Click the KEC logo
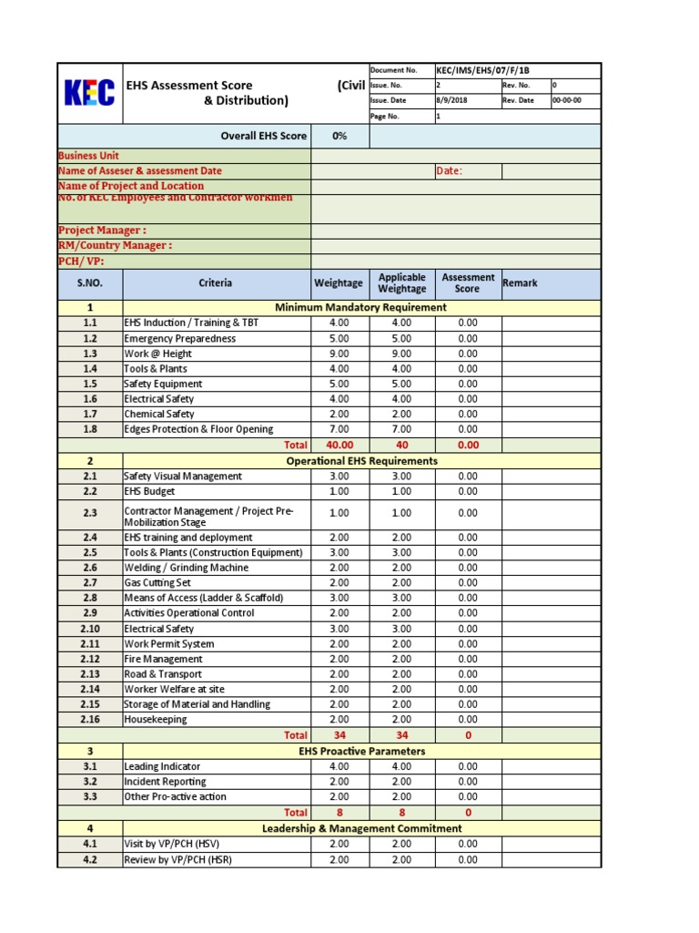tap(89, 93)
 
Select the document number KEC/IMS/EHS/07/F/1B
tap(481, 70)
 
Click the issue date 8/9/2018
tap(451, 100)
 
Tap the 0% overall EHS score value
tap(339, 136)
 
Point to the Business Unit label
tap(88, 156)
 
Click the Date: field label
tap(450, 171)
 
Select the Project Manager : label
tap(102, 231)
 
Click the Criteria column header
tap(215, 283)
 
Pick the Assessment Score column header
tap(467, 283)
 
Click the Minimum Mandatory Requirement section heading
tap(360, 308)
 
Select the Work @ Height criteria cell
tap(158, 354)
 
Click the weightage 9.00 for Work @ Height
tap(339, 354)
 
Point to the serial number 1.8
tap(89, 429)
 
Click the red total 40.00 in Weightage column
tap(339, 445)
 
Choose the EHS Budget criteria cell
tap(149, 492)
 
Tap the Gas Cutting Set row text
tap(157, 583)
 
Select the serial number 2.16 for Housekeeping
tap(89, 720)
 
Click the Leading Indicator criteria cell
tap(162, 767)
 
